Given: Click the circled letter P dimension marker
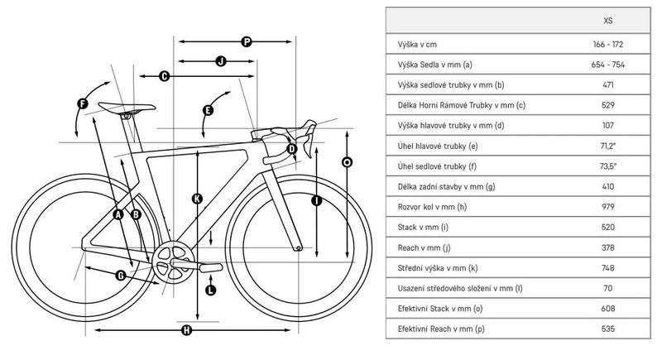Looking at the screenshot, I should [x=247, y=41].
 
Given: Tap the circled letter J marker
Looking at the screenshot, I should [x=221, y=60].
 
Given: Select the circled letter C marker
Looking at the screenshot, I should [x=164, y=76].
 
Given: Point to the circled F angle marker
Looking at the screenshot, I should [x=82, y=103].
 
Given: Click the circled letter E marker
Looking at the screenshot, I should [x=208, y=110].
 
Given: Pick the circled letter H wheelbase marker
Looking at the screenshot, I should [x=186, y=331].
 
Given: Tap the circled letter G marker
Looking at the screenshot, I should [x=121, y=275].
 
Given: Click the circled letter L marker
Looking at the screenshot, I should [x=209, y=290].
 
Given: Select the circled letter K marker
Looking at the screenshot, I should [x=196, y=199].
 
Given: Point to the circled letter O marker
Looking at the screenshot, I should [x=347, y=163].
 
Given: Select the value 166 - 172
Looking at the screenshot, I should [x=609, y=44].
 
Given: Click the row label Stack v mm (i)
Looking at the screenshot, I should [x=420, y=226].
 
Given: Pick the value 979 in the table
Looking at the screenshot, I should [x=609, y=206].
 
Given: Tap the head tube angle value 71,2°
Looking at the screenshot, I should [x=609, y=146].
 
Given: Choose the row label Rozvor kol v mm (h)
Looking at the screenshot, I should [x=433, y=206].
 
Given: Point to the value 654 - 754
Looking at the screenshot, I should [x=609, y=65].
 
